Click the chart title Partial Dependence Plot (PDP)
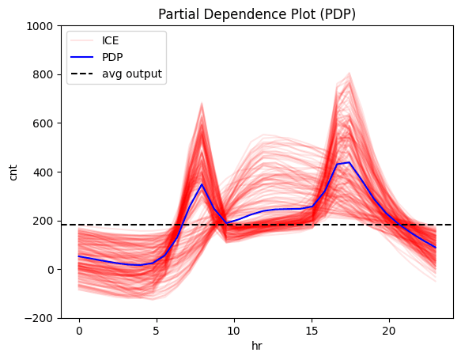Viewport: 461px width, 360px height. tap(256, 14)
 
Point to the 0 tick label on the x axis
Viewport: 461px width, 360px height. tap(79, 330)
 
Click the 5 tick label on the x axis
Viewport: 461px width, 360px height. tap(157, 330)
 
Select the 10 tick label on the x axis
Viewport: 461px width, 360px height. tap(233, 330)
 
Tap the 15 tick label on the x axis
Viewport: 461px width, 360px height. tap(311, 330)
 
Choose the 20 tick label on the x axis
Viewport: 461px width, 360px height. tap(388, 330)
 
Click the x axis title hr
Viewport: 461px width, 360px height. tap(256, 346)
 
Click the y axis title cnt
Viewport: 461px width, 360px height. tap(13, 172)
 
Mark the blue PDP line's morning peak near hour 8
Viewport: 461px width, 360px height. tap(202, 184)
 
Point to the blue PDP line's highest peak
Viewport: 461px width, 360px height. tap(349, 162)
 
